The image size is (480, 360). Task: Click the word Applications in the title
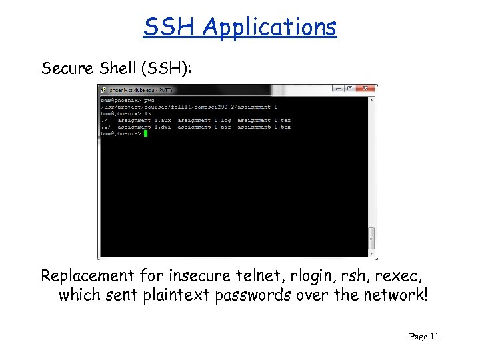270,27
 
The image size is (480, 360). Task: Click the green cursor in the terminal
145,133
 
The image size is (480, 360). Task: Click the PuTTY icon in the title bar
103,89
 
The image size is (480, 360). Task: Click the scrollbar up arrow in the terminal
373,97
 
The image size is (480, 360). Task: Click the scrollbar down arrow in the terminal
373,253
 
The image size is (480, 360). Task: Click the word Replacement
86,275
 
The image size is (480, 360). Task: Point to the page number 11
434,337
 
